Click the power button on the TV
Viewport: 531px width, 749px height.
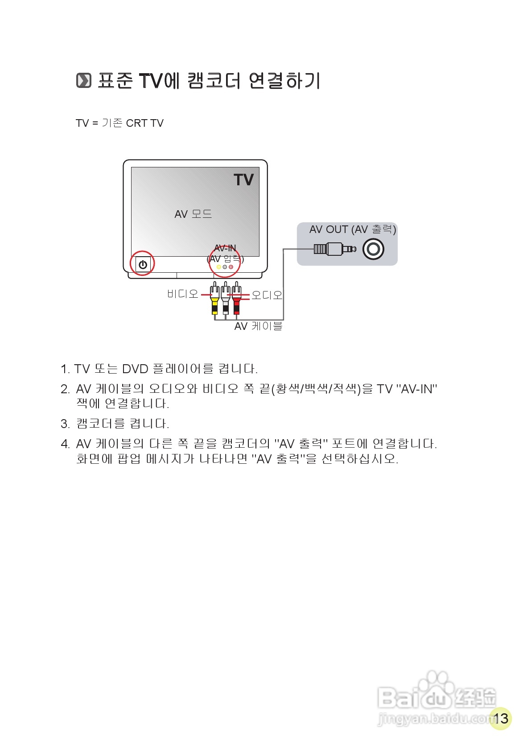(143, 264)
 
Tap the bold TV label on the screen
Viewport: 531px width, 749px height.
(243, 180)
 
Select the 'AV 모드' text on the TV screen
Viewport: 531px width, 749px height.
(193, 214)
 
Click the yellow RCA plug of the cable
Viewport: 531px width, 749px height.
(215, 300)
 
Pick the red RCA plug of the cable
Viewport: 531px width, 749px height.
(236, 300)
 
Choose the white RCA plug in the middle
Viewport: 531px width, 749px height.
(226, 300)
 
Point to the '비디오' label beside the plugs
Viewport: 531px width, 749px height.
(182, 294)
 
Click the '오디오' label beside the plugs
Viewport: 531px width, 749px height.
(267, 295)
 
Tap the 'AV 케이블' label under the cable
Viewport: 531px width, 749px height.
(259, 326)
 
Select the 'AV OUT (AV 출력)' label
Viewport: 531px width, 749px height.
(353, 229)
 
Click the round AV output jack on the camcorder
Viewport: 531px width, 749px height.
(373, 249)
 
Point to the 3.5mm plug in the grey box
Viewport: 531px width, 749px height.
(334, 249)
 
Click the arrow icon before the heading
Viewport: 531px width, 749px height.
(83, 81)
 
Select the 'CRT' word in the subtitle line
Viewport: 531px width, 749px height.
(136, 123)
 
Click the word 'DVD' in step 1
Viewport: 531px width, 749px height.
(135, 369)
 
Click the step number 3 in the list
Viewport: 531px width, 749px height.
(65, 424)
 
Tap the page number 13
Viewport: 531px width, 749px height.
(501, 718)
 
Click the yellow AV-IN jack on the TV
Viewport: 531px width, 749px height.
(218, 267)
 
